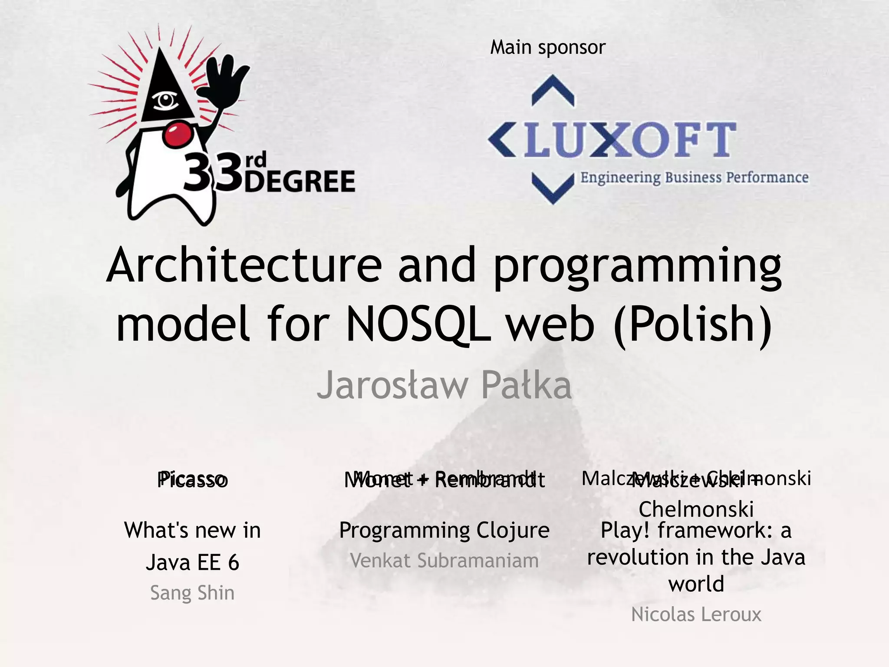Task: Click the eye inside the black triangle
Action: [165, 101]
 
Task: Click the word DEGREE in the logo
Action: [300, 181]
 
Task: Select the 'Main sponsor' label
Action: [547, 47]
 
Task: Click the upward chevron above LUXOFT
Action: [553, 91]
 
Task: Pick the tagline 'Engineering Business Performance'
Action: [694, 178]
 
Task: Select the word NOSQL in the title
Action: [418, 324]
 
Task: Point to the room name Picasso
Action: [192, 480]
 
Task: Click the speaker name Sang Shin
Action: [192, 593]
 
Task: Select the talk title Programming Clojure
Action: [444, 530]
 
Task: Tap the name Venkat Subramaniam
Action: [444, 561]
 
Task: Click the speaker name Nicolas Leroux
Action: [696, 614]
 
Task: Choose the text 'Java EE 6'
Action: [192, 562]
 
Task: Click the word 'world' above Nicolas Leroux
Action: [696, 584]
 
